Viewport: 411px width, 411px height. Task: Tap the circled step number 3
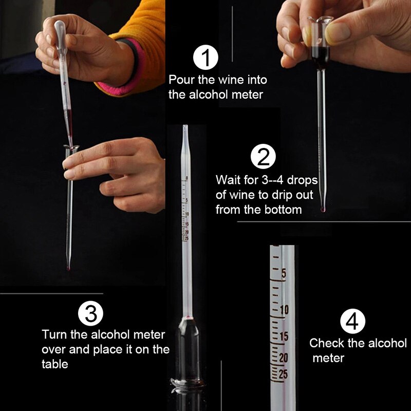point(90,313)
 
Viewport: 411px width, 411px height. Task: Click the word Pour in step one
point(180,81)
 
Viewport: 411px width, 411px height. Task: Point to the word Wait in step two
point(228,181)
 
